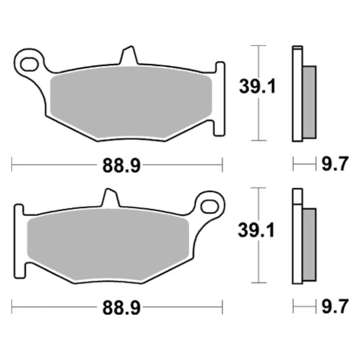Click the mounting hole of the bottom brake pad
[210, 206]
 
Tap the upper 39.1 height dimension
[257, 87]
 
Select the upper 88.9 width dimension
[121, 166]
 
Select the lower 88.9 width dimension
[121, 308]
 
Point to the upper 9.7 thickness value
[334, 165]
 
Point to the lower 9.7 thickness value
[334, 307]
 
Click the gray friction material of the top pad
[130, 97]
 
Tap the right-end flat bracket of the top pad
[220, 99]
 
